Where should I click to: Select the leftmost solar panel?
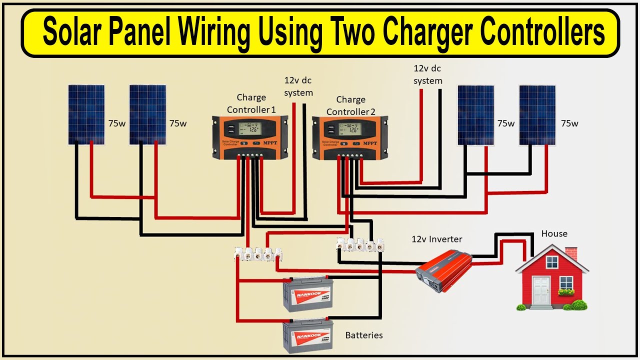coord(86,114)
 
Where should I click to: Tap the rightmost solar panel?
coord(537,114)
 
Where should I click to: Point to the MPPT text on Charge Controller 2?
coord(370,143)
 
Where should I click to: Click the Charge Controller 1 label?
coord(251,103)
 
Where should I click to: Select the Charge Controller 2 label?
coord(351,105)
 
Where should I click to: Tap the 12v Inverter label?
coord(436,239)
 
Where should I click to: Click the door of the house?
coord(541,290)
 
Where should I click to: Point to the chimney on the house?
coord(571,252)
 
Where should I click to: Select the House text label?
coord(554,233)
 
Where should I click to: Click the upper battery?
coord(308,294)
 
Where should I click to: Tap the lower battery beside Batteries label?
coord(308,336)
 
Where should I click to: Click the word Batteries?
coord(364,335)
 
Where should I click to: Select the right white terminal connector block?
coord(361,245)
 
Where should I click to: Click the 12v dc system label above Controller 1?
coord(298,86)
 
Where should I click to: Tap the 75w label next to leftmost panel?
coord(117,123)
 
